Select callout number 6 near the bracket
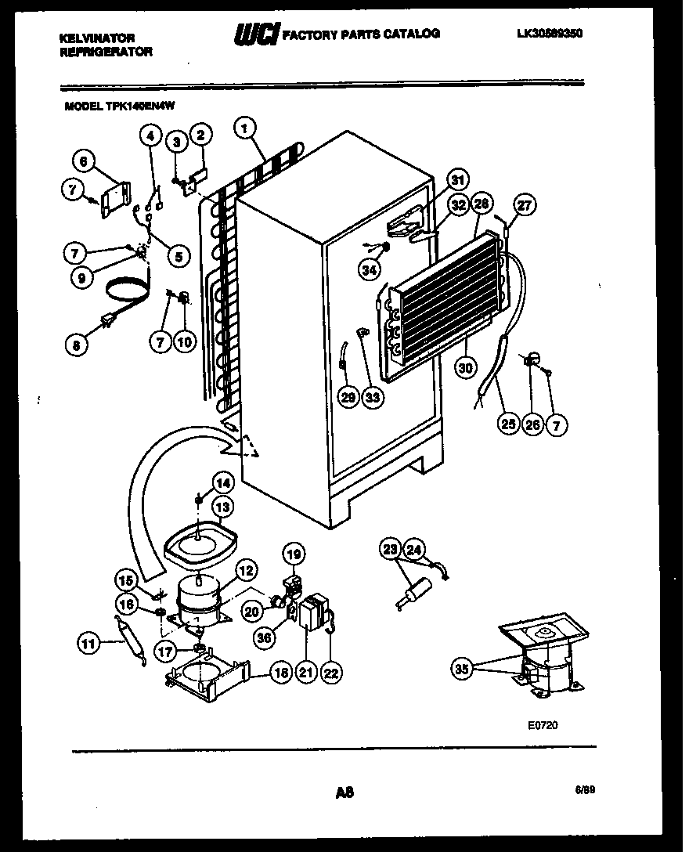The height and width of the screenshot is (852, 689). pos(83,161)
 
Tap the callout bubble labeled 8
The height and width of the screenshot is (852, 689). pos(76,345)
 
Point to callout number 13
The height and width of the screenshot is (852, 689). pos(223,507)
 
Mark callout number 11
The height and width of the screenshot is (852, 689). pos(88,645)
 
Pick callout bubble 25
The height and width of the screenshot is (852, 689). pos(509,425)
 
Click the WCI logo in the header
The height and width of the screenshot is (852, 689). pos(255,34)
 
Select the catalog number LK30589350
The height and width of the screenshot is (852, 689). pos(550,34)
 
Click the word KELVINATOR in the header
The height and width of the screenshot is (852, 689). pos(97,38)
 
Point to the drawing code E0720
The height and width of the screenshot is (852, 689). pos(543,726)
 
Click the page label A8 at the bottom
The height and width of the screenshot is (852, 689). pos(344,792)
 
